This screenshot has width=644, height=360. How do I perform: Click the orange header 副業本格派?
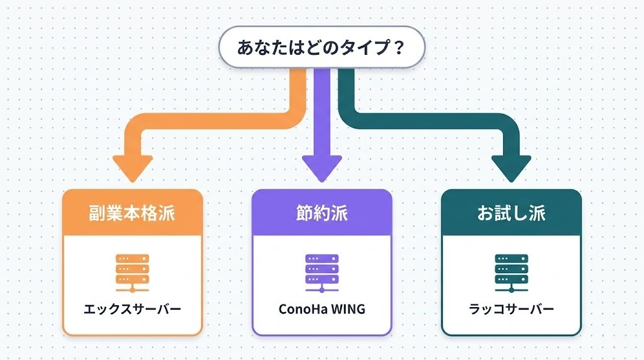click(133, 213)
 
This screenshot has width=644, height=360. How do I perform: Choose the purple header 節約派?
click(321, 213)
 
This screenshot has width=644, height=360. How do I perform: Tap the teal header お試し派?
click(511, 213)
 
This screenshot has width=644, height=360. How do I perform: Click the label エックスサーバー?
click(133, 310)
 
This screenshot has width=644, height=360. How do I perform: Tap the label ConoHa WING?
click(321, 310)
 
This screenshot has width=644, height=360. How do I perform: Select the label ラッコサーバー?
click(511, 310)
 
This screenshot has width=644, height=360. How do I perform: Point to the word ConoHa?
click(301, 310)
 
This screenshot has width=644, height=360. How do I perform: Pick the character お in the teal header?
click(485, 213)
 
